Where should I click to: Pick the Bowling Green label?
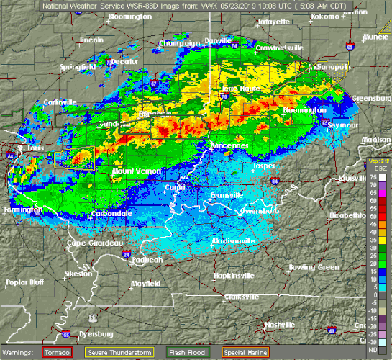(314, 267)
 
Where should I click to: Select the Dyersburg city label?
(90, 334)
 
